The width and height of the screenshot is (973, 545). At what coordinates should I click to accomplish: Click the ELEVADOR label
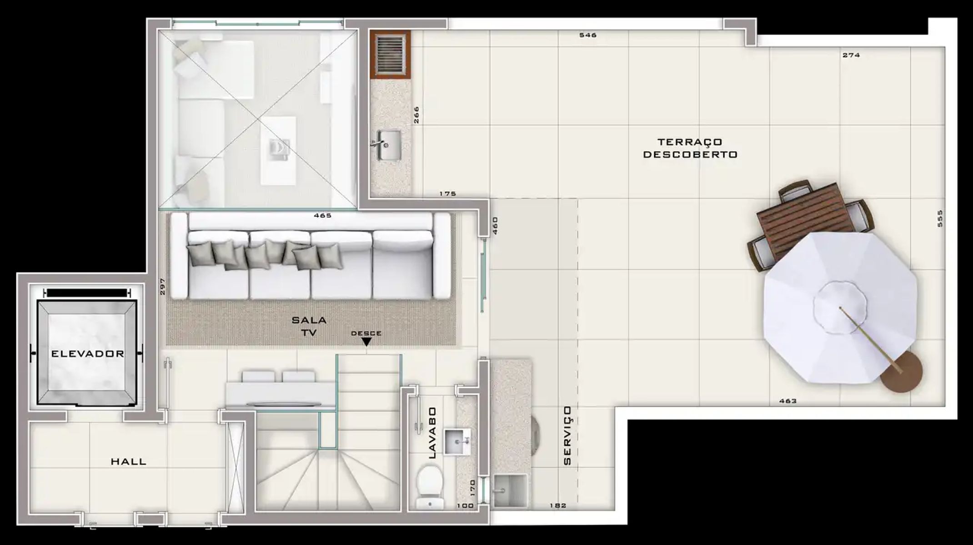(87, 354)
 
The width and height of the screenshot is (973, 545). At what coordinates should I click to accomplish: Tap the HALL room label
(129, 462)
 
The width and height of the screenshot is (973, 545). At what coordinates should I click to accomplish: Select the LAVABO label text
(432, 432)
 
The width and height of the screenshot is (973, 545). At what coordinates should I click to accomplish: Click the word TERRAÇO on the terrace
(690, 142)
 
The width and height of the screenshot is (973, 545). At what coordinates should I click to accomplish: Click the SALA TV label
(309, 326)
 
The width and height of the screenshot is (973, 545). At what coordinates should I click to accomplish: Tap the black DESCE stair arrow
(366, 342)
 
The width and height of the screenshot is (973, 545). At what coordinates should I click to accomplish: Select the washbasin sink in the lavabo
(457, 441)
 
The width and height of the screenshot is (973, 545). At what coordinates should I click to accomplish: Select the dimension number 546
(588, 35)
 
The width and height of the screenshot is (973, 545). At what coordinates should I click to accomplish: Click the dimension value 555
(940, 218)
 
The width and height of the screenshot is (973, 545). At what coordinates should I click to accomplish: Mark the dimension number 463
(788, 401)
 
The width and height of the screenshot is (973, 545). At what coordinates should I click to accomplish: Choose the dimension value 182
(558, 505)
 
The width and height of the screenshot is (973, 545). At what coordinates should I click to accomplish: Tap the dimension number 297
(163, 287)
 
